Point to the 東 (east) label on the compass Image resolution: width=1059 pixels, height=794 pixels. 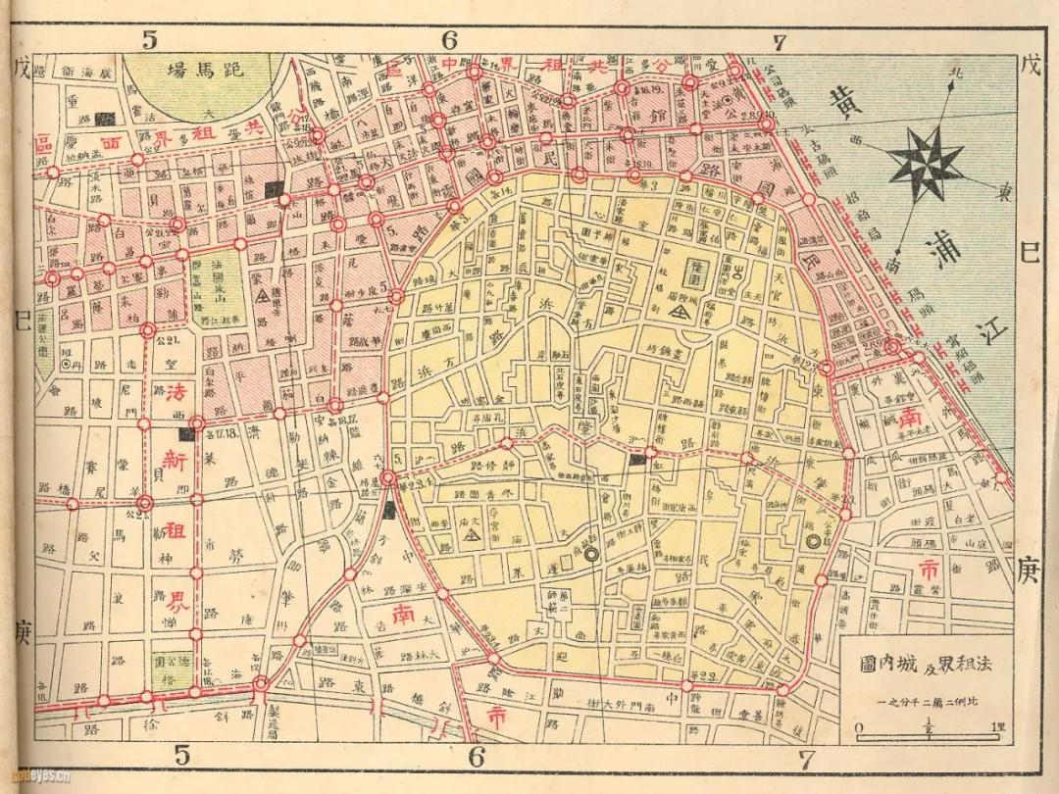[x=1003, y=193]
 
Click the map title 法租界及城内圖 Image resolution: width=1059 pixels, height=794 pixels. [x=920, y=664]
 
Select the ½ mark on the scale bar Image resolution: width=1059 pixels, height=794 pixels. [x=928, y=725]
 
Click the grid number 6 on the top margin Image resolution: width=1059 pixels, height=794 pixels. [x=450, y=40]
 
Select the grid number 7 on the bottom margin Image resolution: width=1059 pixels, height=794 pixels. [x=807, y=759]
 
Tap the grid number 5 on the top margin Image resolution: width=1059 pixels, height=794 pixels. [x=149, y=40]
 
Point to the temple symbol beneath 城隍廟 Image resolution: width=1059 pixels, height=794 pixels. [x=678, y=310]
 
